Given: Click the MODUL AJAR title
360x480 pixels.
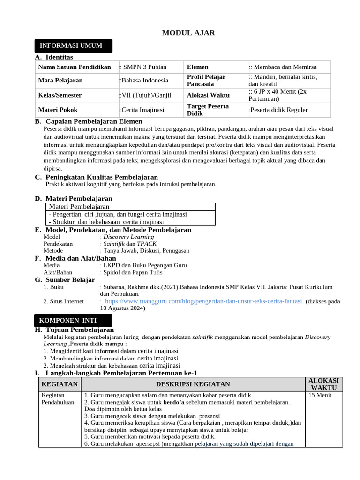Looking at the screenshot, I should pyautogui.click(x=182, y=32).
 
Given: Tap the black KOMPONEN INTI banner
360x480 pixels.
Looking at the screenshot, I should pyautogui.click(x=74, y=321).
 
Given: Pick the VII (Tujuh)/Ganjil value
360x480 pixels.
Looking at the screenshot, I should pyautogui.click(x=145, y=95).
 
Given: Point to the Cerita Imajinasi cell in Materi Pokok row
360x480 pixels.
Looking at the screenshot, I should pyautogui.click(x=141, y=110).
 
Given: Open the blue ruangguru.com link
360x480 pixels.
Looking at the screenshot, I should pyautogui.click(x=203, y=301).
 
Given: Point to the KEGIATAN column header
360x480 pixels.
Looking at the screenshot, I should pyautogui.click(x=60, y=384).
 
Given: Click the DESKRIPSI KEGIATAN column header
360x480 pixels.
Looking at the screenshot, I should pyautogui.click(x=193, y=384).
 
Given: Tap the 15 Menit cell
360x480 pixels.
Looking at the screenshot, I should pyautogui.click(x=320, y=395).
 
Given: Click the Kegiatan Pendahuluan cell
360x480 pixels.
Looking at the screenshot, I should pyautogui.click(x=56, y=399).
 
